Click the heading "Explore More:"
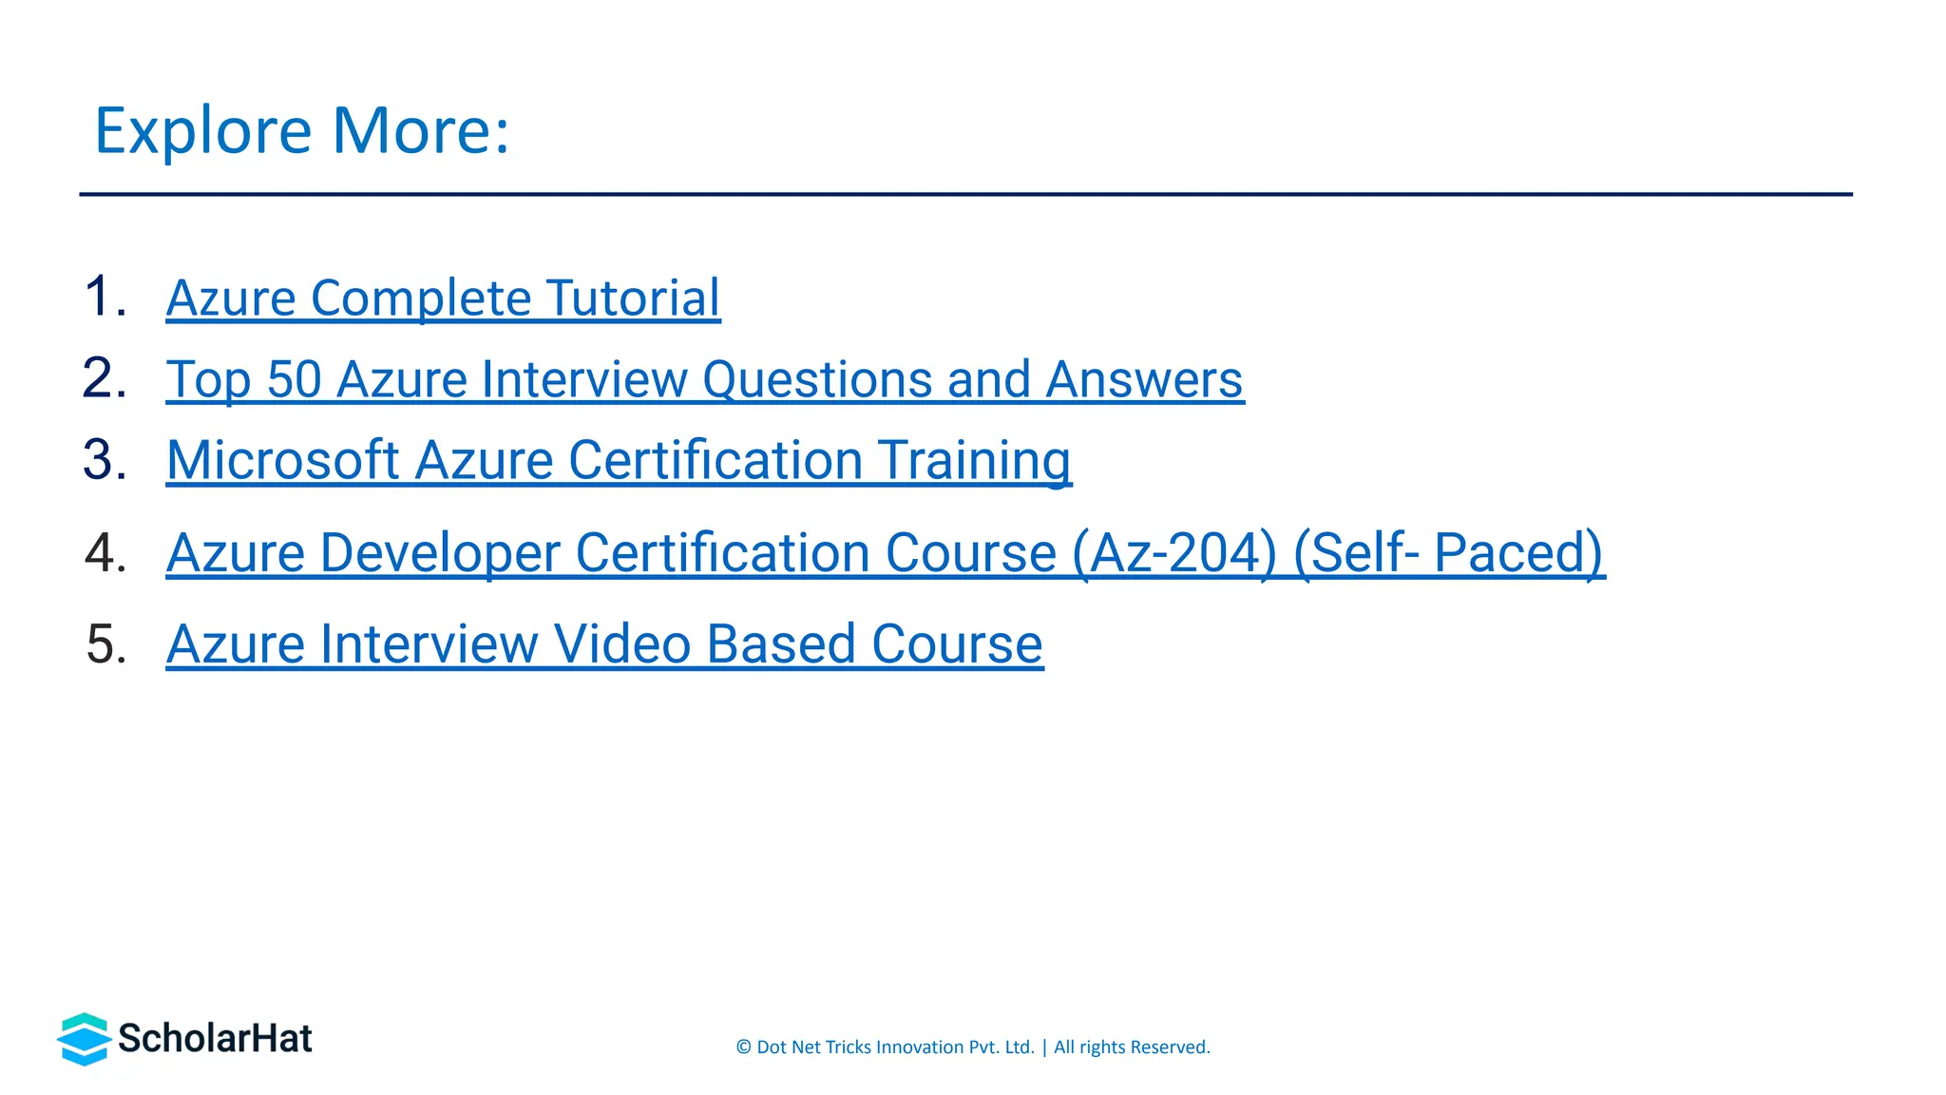pos(302,130)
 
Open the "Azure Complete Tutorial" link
pos(443,298)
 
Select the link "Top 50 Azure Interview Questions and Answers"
pos(704,380)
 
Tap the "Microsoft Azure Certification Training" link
pos(619,461)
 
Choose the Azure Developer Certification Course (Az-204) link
pos(885,553)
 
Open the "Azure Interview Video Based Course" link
pos(604,644)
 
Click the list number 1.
pos(105,297)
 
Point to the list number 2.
pos(105,378)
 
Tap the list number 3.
pos(105,460)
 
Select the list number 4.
pos(105,552)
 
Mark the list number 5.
pos(105,644)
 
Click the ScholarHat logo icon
pos(84,1039)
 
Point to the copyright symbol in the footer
pos(743,1047)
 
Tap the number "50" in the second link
pos(295,380)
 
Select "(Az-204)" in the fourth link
pos(1174,553)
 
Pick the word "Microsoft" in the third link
pos(282,461)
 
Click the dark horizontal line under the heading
pos(965,195)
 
